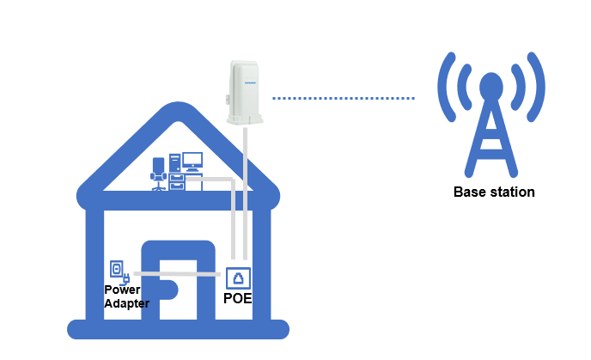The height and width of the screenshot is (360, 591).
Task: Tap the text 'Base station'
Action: (493, 192)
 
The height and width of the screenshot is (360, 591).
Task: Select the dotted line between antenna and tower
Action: (344, 99)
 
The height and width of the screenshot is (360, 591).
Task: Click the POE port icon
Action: (238, 278)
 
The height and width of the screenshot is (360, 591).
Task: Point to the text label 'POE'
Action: (238, 299)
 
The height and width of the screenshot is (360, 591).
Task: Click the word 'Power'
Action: (121, 290)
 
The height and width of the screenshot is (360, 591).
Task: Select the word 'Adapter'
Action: (126, 303)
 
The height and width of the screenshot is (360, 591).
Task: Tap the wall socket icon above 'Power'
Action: (117, 270)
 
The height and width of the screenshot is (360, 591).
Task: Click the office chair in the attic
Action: (157, 173)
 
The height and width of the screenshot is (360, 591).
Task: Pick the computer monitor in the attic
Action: (192, 161)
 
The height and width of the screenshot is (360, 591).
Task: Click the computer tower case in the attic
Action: (174, 162)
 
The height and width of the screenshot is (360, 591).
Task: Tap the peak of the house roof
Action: (177, 113)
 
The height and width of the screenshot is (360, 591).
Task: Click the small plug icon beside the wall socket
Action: (127, 278)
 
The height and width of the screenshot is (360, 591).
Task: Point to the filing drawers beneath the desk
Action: (177, 181)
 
